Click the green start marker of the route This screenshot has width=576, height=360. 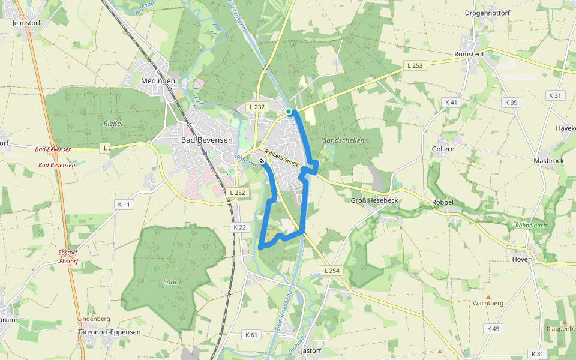(x=289, y=112)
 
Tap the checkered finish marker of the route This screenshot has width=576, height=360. (x=262, y=160)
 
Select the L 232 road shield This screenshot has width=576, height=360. (x=256, y=107)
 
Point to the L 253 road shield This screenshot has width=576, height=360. (x=415, y=65)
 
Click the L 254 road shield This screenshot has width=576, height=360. (x=332, y=271)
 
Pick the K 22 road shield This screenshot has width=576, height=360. (x=239, y=227)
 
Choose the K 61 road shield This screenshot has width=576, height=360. (x=251, y=334)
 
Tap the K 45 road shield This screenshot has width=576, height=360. (x=493, y=328)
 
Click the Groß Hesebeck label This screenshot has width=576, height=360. (x=374, y=200)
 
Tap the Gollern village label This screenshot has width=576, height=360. (x=443, y=148)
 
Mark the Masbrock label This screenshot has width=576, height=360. (x=548, y=161)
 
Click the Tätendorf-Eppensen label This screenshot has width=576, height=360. (x=109, y=332)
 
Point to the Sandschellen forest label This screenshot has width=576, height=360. (x=344, y=140)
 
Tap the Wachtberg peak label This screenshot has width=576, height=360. (x=488, y=304)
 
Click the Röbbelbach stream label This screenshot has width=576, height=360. (x=530, y=226)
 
